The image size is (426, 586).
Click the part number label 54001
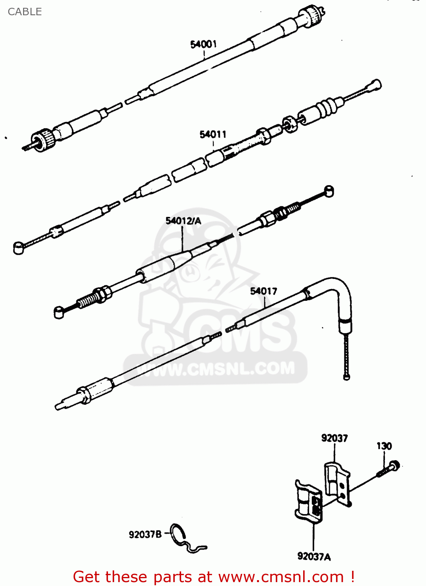pyautogui.click(x=203, y=44)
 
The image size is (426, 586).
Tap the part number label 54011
pyautogui.click(x=213, y=134)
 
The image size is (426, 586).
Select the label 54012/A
pyautogui.click(x=183, y=221)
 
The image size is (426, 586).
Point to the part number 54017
pyautogui.click(x=263, y=291)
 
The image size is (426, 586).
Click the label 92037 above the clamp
pyautogui.click(x=334, y=438)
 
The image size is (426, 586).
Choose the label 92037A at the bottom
pyautogui.click(x=314, y=556)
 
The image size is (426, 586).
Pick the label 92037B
pyautogui.click(x=145, y=534)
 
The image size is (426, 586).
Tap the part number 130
pyautogui.click(x=384, y=446)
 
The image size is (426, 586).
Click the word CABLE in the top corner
pyautogui.click(x=25, y=12)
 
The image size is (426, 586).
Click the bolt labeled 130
pyautogui.click(x=390, y=469)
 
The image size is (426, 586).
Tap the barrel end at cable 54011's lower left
pyautogui.click(x=18, y=248)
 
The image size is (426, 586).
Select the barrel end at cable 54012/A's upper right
pyautogui.click(x=329, y=191)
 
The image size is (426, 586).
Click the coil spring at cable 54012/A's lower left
pyautogui.click(x=86, y=300)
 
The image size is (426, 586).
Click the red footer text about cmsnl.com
pyautogui.click(x=214, y=577)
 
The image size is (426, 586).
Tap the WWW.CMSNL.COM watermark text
pyautogui.click(x=219, y=369)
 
